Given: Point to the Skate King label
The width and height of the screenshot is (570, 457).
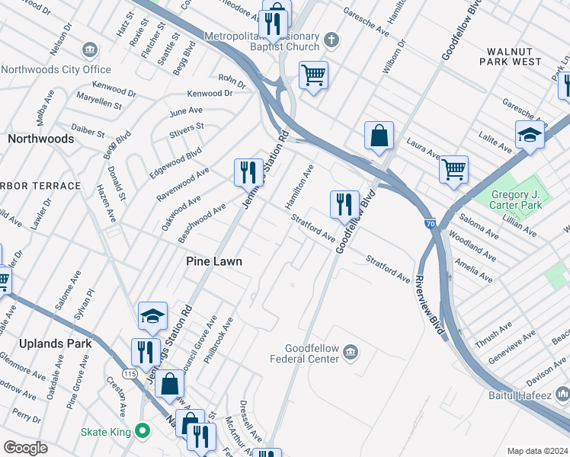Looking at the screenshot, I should [106, 432].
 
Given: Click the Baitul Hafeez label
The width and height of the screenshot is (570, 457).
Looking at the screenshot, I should [528, 396].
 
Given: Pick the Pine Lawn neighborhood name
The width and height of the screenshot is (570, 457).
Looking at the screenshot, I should [215, 261].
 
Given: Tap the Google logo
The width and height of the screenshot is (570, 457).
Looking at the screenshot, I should [25, 447].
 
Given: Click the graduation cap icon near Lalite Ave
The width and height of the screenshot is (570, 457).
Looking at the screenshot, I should [530, 135].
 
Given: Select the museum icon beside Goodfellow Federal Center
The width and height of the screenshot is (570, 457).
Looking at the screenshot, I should [351, 351].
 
